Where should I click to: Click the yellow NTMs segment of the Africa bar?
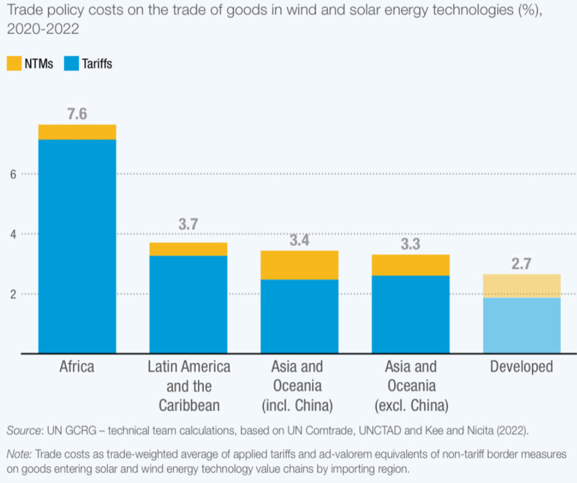click(77, 132)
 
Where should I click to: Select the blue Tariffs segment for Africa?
click(77, 246)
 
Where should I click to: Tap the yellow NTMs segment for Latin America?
click(188, 249)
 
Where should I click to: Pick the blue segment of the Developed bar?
click(522, 325)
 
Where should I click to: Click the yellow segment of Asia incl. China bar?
click(299, 265)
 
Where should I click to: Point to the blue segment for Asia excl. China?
click(411, 314)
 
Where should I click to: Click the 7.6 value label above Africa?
click(77, 114)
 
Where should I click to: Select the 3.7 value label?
click(188, 225)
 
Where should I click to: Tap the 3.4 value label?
click(299, 241)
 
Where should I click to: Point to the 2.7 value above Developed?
click(522, 264)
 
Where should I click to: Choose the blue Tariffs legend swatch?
click(71, 63)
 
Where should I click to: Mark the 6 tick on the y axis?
click(13, 174)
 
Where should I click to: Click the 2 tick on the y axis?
click(13, 294)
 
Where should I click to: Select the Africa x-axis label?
click(77, 366)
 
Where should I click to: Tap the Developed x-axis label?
click(522, 366)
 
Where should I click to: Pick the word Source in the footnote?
click(22, 431)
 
